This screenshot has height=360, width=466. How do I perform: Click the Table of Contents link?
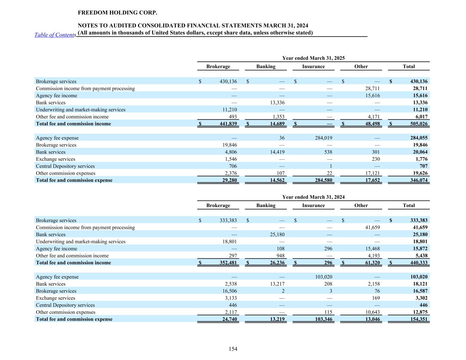coord(55,35)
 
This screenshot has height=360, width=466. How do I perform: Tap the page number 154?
coord(233,349)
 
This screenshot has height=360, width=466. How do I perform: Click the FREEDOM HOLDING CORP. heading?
coord(117,13)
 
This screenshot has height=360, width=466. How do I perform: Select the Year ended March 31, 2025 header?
coord(313,58)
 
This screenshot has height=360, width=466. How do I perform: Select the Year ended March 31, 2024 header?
coord(313,197)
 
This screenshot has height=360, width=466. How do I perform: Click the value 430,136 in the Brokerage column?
coord(228,81)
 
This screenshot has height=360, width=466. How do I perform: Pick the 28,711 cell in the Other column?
coord(372,88)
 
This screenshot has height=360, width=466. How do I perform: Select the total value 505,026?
coord(419,124)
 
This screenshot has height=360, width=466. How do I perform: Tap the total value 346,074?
coord(419,180)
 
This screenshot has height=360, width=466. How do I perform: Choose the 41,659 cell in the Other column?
coord(372,227)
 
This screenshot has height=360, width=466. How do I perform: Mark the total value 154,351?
coord(419,319)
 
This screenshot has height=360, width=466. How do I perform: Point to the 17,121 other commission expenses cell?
coord(372,173)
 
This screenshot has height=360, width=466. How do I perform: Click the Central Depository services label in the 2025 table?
coord(65,166)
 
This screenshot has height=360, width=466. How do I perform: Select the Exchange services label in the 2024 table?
coord(55,298)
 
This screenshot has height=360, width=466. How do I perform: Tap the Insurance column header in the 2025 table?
coord(313,67)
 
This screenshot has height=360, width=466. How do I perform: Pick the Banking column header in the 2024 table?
coord(266,205)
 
